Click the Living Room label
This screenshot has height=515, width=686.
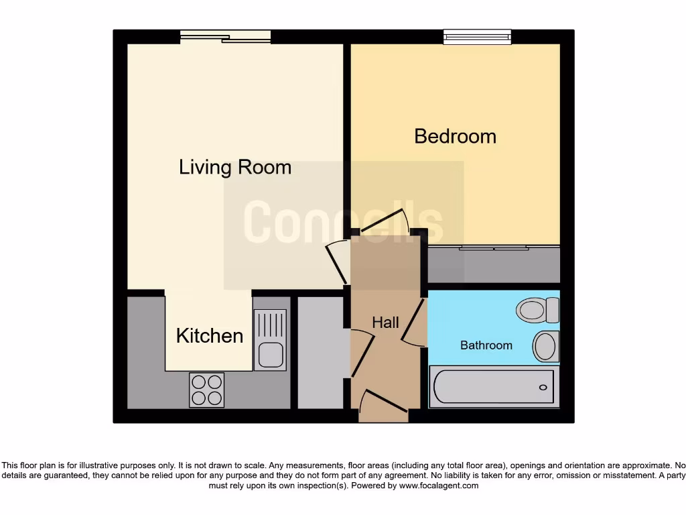point(234,167)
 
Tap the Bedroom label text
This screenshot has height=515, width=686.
point(455,136)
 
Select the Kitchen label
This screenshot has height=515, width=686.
point(209,335)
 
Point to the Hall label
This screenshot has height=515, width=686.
point(385,323)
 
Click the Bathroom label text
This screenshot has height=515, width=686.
point(486,345)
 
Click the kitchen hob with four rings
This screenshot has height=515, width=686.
point(206,390)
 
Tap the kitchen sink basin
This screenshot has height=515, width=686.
point(271,354)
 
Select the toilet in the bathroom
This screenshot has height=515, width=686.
point(537,310)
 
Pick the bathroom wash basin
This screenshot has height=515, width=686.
point(546,346)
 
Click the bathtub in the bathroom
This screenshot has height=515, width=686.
point(493,387)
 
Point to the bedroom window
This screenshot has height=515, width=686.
point(477,37)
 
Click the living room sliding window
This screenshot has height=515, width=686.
point(226,37)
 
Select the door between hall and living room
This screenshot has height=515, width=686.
point(334,262)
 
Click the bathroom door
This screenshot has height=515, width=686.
point(415,323)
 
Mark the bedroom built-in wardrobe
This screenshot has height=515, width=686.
point(493,265)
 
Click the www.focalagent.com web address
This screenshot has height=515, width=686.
point(439,485)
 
